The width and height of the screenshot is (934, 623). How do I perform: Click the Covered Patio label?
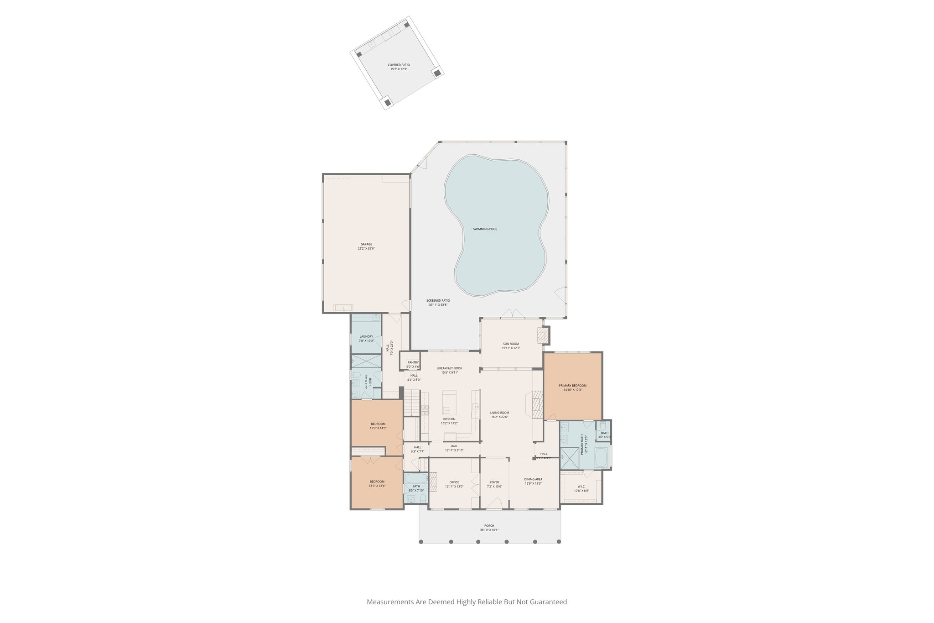pos(399,65)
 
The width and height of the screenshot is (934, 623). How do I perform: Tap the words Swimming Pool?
pos(485,229)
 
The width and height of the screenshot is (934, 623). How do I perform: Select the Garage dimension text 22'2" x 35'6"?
pos(366,249)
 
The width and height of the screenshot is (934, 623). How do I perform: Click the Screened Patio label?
pos(438,301)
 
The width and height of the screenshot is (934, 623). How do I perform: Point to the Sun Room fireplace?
pos(542,335)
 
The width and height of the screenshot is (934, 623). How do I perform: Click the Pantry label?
pos(413,362)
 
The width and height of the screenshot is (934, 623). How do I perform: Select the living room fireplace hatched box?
pos(538,405)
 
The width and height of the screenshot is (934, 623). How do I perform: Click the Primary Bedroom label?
pos(573,386)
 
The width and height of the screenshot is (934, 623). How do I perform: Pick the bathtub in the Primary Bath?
pos(601,457)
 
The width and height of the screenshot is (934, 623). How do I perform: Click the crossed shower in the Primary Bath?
pos(569,459)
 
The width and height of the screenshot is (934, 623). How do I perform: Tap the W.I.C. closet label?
pos(581,487)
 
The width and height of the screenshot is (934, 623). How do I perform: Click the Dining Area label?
pos(533,479)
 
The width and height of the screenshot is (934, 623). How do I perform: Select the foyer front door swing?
pos(494,503)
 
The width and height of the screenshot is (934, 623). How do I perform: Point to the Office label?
pos(454,482)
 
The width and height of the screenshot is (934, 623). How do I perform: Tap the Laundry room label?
pos(366,337)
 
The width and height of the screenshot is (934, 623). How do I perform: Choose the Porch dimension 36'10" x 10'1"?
pos(489,530)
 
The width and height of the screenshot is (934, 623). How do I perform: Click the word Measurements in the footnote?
pos(390,602)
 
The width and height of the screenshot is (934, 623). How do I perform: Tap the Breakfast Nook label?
pos(450,368)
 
